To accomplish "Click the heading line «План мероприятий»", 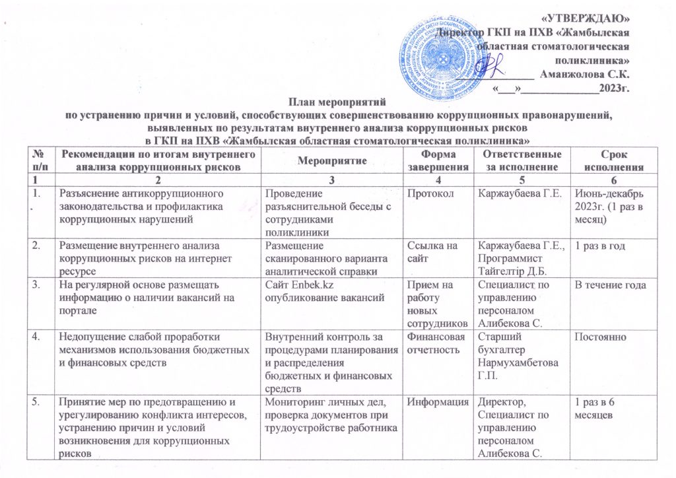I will tap(337, 102).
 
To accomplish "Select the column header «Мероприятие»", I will tap(329, 160).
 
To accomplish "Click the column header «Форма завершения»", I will tap(436, 160).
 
